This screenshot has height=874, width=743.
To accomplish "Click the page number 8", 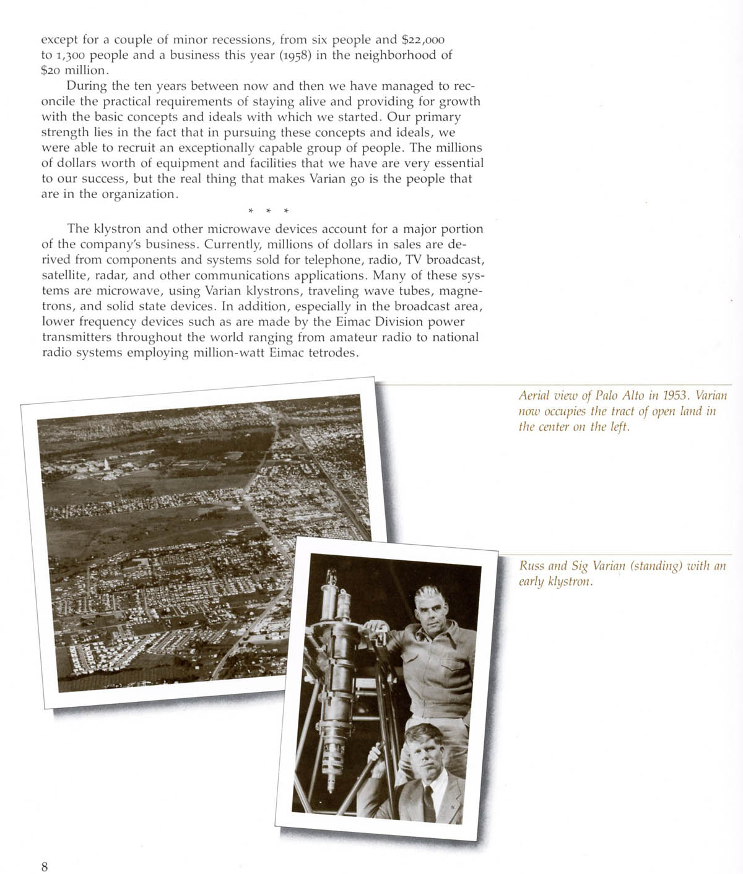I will pos(45,866).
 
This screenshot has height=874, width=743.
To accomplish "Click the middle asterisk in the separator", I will pos(268,212).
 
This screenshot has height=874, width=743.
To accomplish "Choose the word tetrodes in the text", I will pos(332,353).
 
